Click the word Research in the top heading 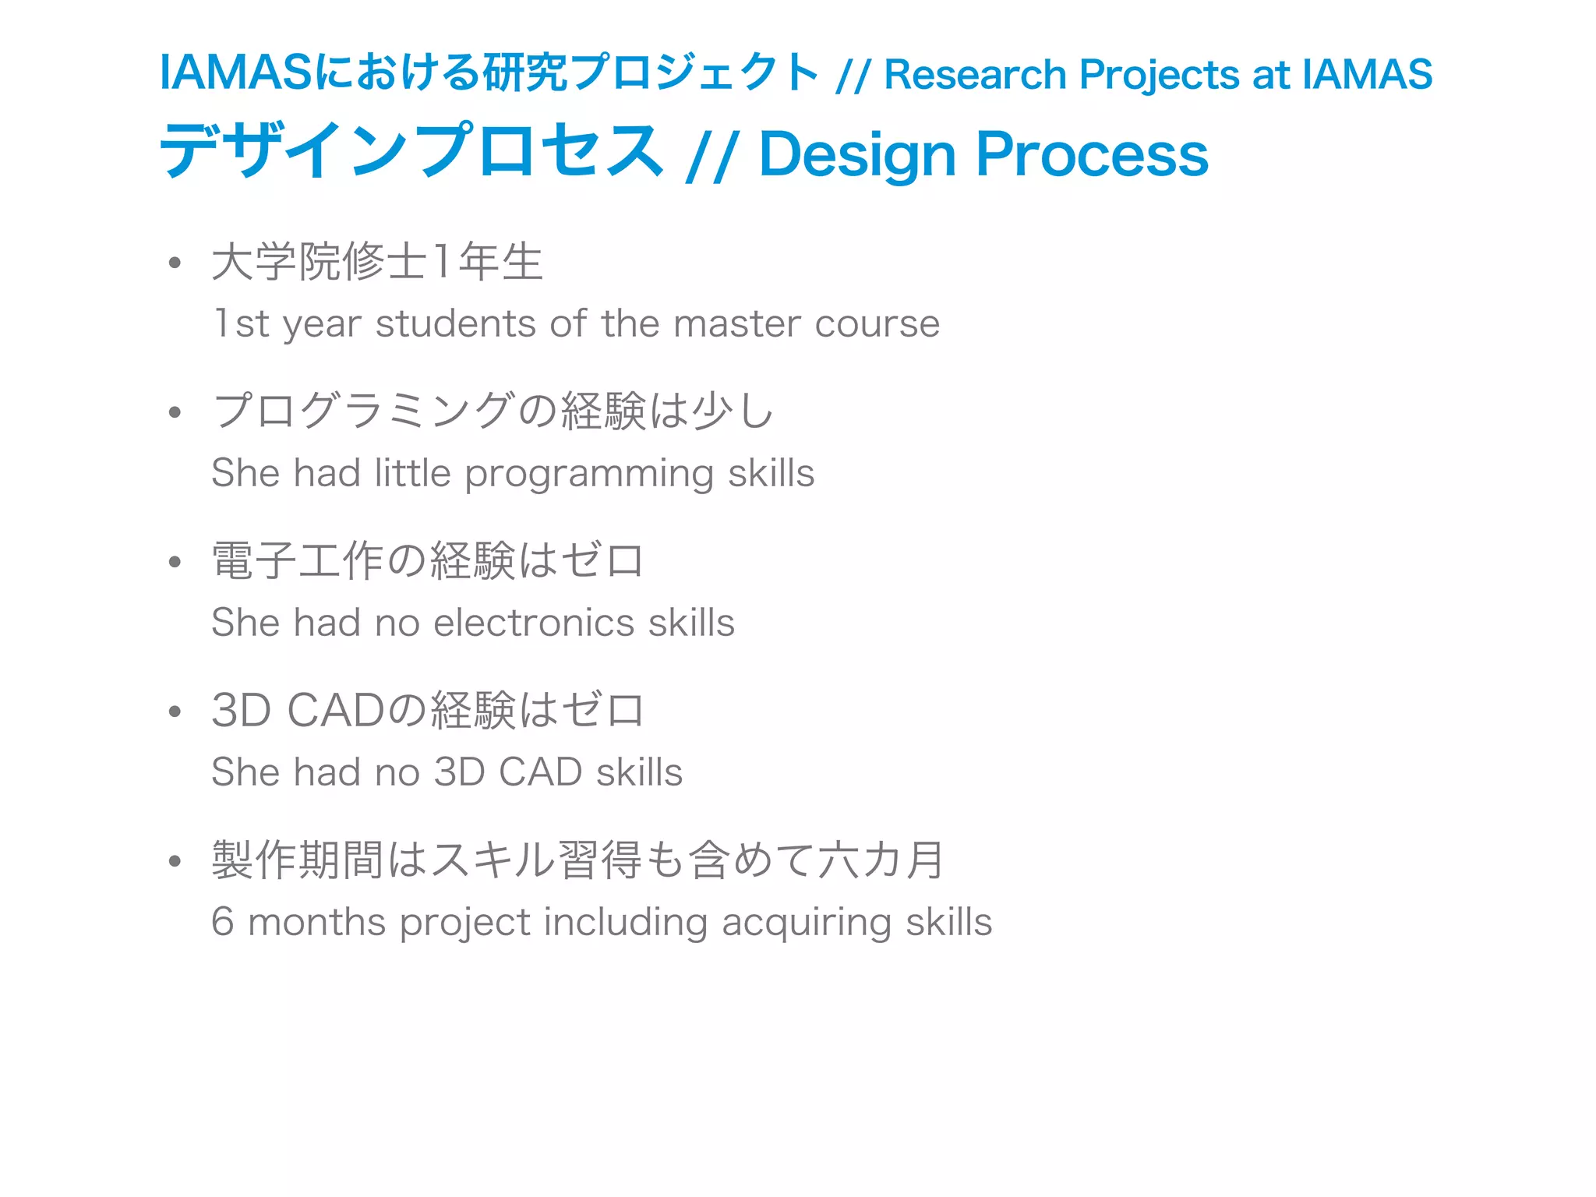(x=975, y=76)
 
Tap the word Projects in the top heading (x=1159, y=76)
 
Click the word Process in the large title (x=1092, y=154)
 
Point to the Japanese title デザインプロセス (x=411, y=151)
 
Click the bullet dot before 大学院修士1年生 (x=175, y=263)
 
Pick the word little (x=412, y=473)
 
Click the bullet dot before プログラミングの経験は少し (x=175, y=413)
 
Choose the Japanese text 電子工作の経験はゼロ (x=427, y=561)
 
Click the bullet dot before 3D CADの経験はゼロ (x=175, y=711)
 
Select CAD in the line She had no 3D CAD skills (x=540, y=772)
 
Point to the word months (x=316, y=922)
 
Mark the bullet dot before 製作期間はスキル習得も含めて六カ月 (x=175, y=861)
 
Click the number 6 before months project (x=222, y=922)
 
